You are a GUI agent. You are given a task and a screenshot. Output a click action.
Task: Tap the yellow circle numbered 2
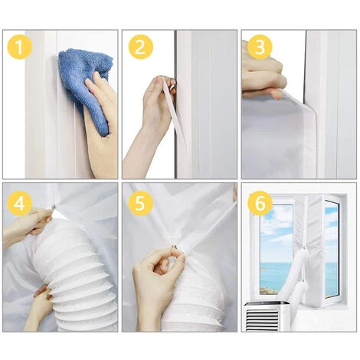140,48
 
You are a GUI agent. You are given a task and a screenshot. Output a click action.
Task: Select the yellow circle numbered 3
260,48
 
